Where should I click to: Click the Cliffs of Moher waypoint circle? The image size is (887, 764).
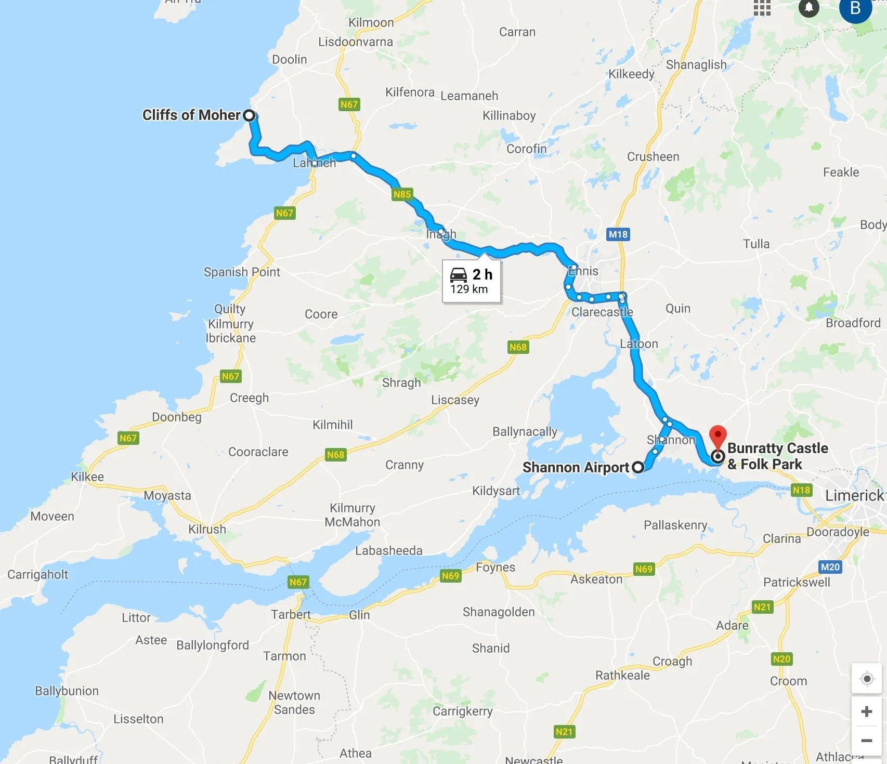tap(250, 115)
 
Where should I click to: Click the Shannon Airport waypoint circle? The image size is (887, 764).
tap(638, 467)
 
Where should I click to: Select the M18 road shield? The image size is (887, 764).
tap(618, 234)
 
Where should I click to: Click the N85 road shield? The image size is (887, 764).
tap(402, 194)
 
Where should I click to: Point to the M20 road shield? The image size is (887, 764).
tap(830, 567)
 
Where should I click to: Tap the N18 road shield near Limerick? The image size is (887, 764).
tap(801, 490)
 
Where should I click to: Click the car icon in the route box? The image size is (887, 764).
tap(459, 275)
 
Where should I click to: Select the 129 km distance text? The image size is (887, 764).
tap(469, 289)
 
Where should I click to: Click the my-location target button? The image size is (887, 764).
tap(866, 679)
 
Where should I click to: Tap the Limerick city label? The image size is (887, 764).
tap(854, 495)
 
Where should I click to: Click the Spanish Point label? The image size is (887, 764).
tap(242, 272)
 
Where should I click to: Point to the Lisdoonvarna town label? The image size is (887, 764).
tap(356, 42)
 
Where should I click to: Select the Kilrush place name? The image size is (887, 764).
tap(207, 529)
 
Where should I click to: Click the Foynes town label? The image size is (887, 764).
tap(495, 567)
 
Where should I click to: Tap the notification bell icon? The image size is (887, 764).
tap(808, 7)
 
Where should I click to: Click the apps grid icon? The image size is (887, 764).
tap(762, 7)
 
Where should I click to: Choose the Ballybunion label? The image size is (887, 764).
tap(67, 691)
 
